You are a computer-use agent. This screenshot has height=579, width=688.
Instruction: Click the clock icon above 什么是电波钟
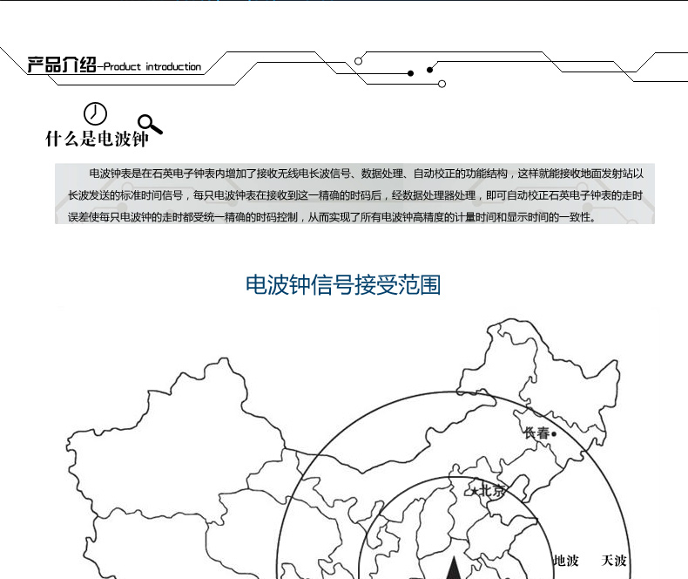(x=95, y=113)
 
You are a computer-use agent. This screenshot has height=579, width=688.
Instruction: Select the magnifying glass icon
(x=151, y=125)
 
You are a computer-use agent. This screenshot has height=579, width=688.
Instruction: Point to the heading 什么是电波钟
(x=98, y=139)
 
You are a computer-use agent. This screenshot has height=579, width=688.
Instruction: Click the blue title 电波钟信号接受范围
(x=343, y=285)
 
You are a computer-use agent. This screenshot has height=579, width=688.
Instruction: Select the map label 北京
(x=491, y=490)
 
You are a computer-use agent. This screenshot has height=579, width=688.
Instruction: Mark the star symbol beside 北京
(x=476, y=491)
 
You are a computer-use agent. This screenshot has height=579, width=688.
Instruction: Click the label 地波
(x=566, y=561)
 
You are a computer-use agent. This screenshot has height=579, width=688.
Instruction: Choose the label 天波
(x=614, y=561)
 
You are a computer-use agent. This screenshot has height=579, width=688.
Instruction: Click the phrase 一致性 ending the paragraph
(x=580, y=217)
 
